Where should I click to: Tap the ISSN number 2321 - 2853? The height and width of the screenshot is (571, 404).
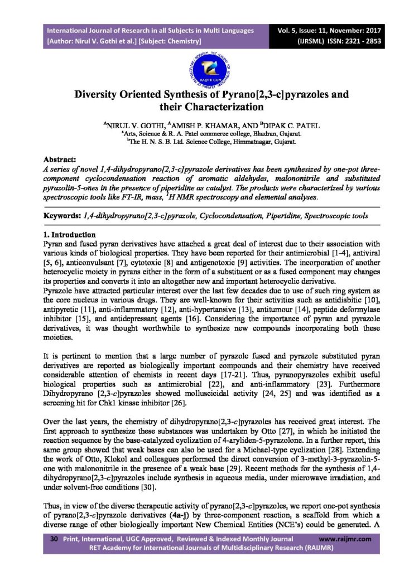click(350, 41)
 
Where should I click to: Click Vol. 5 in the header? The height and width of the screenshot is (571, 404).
click(294, 30)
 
